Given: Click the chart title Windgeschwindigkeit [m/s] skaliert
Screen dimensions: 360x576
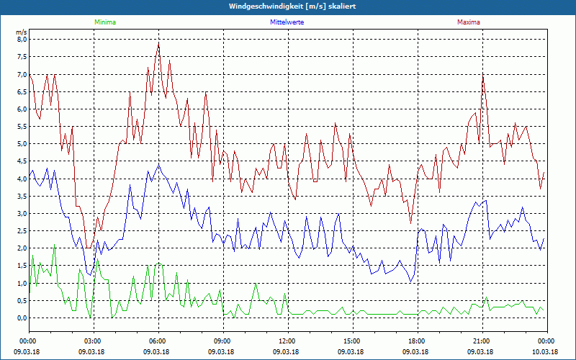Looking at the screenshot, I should (287, 6).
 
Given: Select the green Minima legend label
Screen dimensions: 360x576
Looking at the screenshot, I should (104, 22).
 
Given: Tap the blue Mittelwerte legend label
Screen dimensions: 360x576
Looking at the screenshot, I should (287, 22).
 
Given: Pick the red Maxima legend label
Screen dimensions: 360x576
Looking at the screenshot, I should (468, 22).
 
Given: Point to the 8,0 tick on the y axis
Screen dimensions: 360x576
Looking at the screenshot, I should (22, 40).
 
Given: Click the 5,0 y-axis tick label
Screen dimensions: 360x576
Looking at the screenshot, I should (22, 144).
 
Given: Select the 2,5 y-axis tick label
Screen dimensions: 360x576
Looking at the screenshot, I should (22, 231).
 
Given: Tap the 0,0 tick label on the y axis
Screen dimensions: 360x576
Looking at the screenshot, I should (22, 318).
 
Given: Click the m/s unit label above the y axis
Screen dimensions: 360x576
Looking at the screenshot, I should (22, 32).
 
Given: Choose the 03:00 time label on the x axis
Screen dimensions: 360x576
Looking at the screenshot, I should (93, 341).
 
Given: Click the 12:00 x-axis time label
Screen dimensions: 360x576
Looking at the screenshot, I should (287, 341).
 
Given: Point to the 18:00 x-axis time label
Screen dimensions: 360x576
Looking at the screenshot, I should (417, 341).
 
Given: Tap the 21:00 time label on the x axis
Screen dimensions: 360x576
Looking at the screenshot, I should (482, 341).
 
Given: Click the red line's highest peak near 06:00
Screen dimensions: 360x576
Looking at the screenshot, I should (158, 42).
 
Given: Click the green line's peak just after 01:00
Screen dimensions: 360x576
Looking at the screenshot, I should (54, 246).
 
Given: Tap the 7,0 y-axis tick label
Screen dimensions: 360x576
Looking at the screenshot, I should (22, 74).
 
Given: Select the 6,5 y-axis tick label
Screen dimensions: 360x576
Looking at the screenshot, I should (22, 92).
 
